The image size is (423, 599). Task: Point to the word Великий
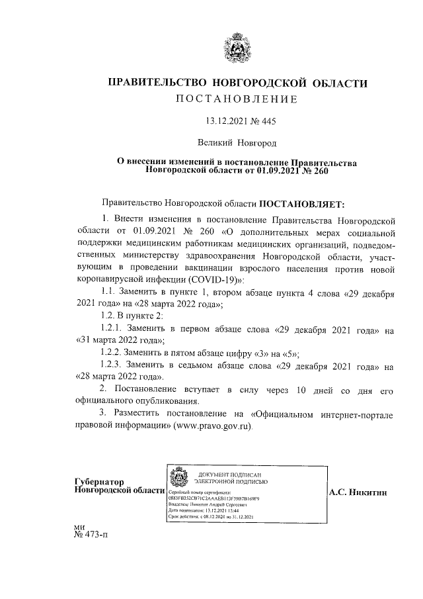(x=216, y=142)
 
